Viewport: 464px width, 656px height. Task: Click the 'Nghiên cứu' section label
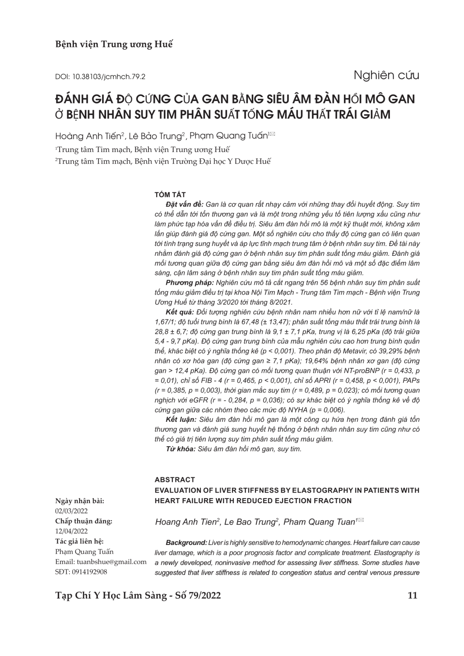pos(386,75)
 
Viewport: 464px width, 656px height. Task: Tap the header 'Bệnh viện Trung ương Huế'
pos(114,44)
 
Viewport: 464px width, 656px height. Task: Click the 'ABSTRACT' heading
pos(175,479)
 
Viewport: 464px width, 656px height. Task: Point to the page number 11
pos(412,595)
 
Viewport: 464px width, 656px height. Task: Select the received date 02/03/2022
pos(72,510)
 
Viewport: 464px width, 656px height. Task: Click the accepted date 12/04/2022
pos(72,531)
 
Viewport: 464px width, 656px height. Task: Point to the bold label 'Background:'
pos(186,543)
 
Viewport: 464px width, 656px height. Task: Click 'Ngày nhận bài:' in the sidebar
pos(80,501)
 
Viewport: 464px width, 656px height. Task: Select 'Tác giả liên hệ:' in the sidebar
pos(79,541)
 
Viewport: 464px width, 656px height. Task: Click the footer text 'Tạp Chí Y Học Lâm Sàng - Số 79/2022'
pos(138,595)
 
